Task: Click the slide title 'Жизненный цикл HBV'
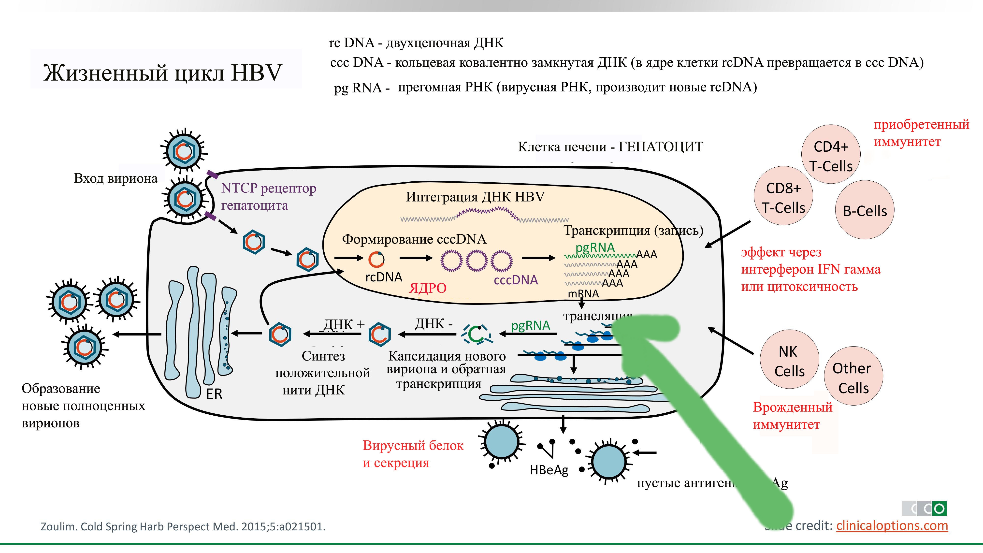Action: [x=162, y=73]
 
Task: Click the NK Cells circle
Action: [x=789, y=361]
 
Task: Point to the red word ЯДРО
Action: [x=427, y=288]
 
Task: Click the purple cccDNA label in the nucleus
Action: [x=516, y=280]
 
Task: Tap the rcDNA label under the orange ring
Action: [x=384, y=277]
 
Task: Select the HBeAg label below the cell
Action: [x=549, y=470]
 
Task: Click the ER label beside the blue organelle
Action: [x=214, y=394]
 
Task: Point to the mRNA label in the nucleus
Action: [x=583, y=293]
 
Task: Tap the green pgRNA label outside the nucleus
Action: [x=530, y=326]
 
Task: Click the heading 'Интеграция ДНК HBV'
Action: [x=475, y=197]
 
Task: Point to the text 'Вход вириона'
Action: [x=116, y=178]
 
